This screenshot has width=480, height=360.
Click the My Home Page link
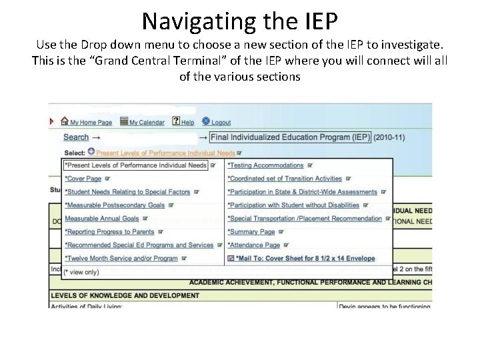click(x=91, y=122)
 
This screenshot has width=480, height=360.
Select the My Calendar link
click(x=146, y=122)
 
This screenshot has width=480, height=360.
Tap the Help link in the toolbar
click(x=187, y=122)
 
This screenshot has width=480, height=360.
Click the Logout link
click(x=221, y=122)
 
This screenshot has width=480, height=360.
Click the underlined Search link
click(x=76, y=137)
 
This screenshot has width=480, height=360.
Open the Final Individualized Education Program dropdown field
click(x=289, y=137)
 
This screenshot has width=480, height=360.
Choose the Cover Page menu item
click(x=83, y=179)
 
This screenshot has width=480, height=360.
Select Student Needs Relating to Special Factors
click(x=127, y=192)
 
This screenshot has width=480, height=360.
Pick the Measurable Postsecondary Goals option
click(x=115, y=205)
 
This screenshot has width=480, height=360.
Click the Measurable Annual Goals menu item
click(x=101, y=219)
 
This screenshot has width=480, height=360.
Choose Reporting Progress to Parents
click(x=109, y=232)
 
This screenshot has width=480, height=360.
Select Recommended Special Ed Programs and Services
click(x=139, y=245)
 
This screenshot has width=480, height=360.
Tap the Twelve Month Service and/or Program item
click(x=121, y=259)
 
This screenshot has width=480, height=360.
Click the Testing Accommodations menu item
click(x=265, y=165)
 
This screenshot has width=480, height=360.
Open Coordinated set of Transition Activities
click(x=285, y=179)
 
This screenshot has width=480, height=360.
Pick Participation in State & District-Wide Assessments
click(x=302, y=192)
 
